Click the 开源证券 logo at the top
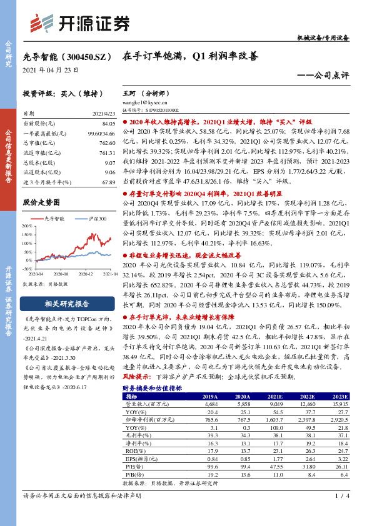tap(81, 23)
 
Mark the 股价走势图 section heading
tap(41, 202)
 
